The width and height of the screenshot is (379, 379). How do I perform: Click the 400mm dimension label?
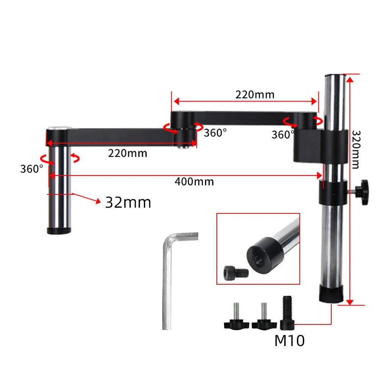194,182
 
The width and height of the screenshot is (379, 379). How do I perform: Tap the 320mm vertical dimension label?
356,149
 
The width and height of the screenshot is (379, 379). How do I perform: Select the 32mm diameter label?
128,202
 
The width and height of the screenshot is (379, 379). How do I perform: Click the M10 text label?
289,341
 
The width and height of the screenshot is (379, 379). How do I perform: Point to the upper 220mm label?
255,94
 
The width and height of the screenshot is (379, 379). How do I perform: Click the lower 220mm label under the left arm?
127,153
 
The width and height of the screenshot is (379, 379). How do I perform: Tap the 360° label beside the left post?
32,169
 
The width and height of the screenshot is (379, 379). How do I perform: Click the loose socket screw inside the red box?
236,273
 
